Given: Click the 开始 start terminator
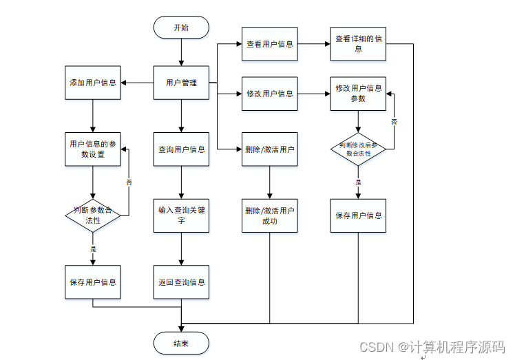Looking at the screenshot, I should [180, 28].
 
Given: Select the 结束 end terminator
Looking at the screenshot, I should [180, 343].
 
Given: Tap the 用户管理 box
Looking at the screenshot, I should [181, 83].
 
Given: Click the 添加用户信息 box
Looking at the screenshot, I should [93, 83].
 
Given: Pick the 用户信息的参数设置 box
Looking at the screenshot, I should [93, 149].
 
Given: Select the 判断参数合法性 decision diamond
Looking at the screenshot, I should [93, 215].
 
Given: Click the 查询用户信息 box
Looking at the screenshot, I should [181, 149].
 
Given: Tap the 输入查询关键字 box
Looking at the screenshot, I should [181, 215].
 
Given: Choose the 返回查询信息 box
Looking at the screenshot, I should [181, 282].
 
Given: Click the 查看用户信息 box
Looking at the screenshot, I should [269, 45].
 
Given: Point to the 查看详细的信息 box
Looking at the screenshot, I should [358, 45].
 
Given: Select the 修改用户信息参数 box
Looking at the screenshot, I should [358, 94].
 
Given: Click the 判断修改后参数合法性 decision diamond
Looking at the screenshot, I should [358, 149].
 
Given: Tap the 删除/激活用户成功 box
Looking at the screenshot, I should [269, 215].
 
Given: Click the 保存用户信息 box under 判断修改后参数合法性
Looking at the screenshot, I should [358, 215].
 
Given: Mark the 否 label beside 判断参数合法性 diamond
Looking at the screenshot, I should [129, 182].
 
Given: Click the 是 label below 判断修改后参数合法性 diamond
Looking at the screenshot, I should [358, 182].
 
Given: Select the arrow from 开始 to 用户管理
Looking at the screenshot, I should [181, 52].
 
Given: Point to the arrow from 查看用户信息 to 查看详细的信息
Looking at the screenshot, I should [314, 45].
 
